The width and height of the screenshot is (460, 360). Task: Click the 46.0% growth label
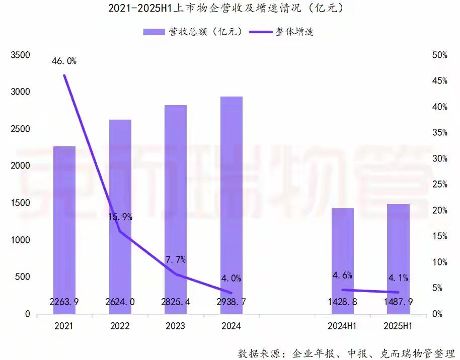click(64, 61)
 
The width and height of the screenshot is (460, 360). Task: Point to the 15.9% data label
click(120, 217)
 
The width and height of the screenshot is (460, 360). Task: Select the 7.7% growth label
click(176, 260)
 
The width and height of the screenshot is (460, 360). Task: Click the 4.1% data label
click(398, 278)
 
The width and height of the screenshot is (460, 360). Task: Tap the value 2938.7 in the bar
click(232, 302)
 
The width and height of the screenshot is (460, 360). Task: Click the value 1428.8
click(343, 302)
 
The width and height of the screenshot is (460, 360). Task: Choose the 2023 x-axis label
click(176, 326)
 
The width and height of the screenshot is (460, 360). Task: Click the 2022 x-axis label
click(120, 326)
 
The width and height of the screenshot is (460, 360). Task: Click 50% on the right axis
click(437, 55)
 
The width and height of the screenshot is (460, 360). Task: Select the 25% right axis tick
click(437, 185)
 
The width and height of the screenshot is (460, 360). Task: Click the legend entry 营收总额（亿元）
click(194, 32)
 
